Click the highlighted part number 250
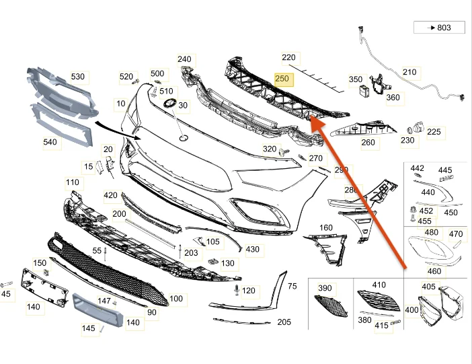[x=282, y=79]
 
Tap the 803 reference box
[x=440, y=28]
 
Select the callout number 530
[x=77, y=77]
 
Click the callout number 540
[x=50, y=143]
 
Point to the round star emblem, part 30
[x=169, y=105]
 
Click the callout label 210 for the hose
[x=409, y=72]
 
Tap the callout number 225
[x=434, y=132]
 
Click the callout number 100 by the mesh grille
[x=175, y=298]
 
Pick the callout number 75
[x=291, y=286]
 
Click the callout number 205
[x=284, y=322]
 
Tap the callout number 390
[x=325, y=288]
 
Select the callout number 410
[x=379, y=285]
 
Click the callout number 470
[x=456, y=234]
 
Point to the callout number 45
[x=6, y=293]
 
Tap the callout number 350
[x=355, y=79]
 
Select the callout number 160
[x=325, y=227]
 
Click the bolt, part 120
[x=237, y=291]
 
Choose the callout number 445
[x=445, y=170]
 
